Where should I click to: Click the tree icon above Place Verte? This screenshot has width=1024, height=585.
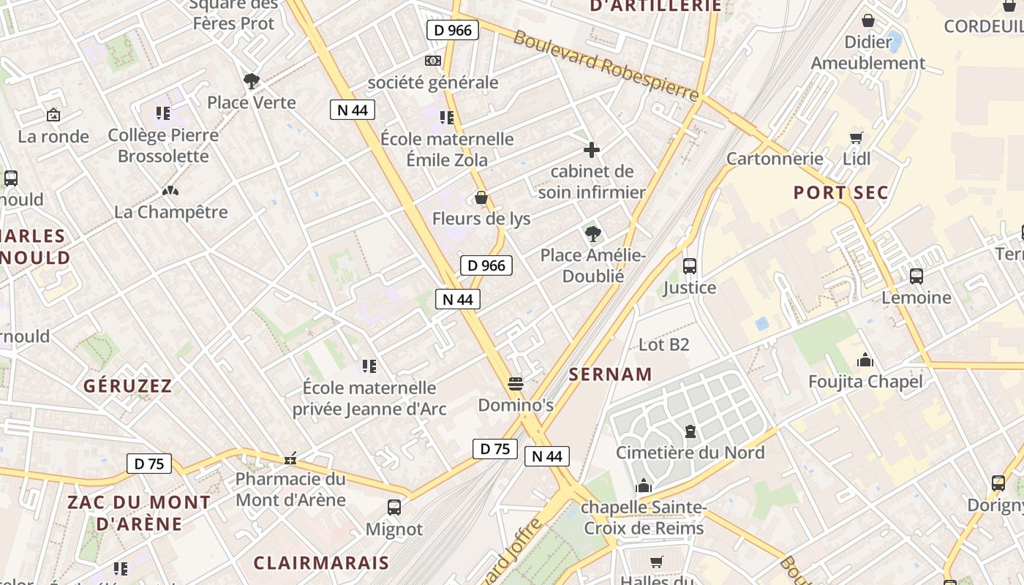tap(252, 80)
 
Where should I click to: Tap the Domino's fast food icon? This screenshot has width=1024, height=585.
tap(516, 383)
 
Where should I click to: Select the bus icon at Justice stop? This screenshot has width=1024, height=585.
tap(689, 266)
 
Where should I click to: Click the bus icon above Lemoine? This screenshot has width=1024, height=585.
tap(916, 276)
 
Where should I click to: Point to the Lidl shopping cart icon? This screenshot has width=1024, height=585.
tap(856, 137)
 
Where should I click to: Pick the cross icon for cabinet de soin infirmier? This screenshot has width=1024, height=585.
tap(592, 150)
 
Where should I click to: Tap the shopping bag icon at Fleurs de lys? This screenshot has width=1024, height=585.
tap(481, 197)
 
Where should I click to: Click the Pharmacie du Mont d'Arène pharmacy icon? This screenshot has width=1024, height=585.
tap(290, 459)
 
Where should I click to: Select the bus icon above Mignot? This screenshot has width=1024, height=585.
tap(394, 507)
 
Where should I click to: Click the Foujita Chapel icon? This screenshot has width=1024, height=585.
tap(865, 360)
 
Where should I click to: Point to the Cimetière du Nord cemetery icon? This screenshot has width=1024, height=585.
tap(690, 431)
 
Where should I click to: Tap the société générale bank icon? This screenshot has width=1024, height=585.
tap(433, 61)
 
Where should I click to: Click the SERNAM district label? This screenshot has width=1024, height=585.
tap(611, 374)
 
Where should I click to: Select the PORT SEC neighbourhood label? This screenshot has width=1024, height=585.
tap(841, 193)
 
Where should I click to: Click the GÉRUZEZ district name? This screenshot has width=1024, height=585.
tap(127, 385)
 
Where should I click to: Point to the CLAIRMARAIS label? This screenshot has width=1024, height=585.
tap(321, 562)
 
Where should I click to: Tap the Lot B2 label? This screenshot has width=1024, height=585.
tap(664, 344)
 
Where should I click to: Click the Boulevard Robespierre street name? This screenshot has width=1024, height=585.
tap(606, 65)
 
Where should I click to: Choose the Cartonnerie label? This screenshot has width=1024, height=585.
tap(775, 159)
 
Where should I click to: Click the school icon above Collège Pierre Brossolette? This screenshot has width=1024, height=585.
tap(162, 113)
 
